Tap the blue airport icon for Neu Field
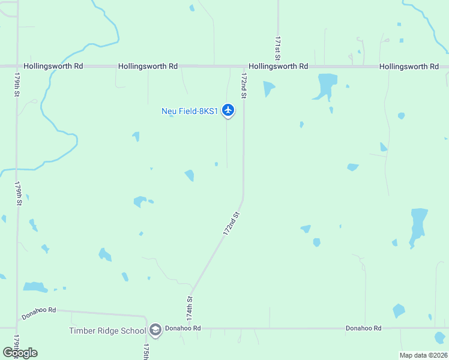[x=228, y=110]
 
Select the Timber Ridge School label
[x=107, y=331]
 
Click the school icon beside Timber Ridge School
[x=155, y=330]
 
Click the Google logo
[x=20, y=352]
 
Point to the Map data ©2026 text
[x=423, y=355]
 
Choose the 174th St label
[x=190, y=307]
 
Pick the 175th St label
[x=146, y=352]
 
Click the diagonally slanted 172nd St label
[x=232, y=224]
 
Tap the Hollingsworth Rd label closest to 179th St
[x=53, y=66]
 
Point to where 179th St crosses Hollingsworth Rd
[x=17, y=65]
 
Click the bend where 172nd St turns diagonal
[x=243, y=198]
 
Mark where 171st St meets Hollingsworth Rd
[x=278, y=66]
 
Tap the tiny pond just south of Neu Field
[x=216, y=164]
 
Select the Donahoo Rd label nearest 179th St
[x=39, y=313]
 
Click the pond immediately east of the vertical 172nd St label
[x=268, y=88]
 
